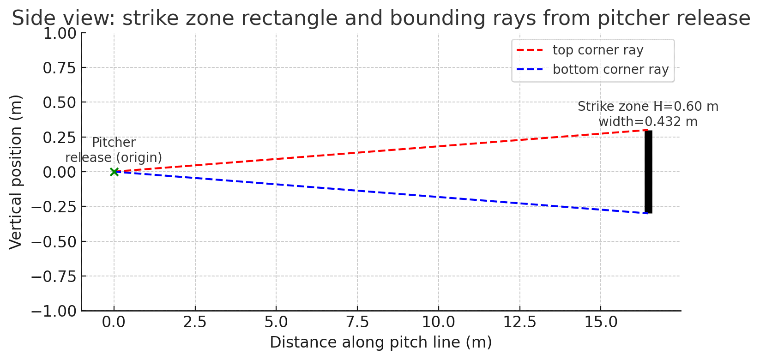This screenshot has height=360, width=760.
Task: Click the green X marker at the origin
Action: click(114, 172)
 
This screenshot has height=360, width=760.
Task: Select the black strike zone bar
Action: click(648, 172)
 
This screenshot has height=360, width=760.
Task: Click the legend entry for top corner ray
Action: click(597, 50)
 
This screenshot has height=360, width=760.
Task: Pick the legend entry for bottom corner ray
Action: click(610, 70)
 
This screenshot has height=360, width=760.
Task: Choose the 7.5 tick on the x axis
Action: click(357, 322)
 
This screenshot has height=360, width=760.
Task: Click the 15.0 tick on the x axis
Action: click(600, 322)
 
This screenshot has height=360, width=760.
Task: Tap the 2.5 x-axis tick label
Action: click(195, 322)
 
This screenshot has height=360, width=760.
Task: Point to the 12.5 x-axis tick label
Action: click(519, 322)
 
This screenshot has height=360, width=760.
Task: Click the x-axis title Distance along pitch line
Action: click(380, 342)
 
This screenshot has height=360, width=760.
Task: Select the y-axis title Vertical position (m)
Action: click(16, 172)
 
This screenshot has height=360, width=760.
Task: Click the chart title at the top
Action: click(380, 18)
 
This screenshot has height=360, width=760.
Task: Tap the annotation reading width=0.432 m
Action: click(648, 122)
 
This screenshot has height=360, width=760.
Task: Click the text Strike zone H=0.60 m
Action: click(648, 107)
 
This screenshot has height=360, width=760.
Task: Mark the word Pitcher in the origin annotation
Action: click(114, 143)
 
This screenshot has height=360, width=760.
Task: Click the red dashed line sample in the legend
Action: click(530, 50)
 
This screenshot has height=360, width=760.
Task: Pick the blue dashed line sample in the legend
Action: click(530, 70)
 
